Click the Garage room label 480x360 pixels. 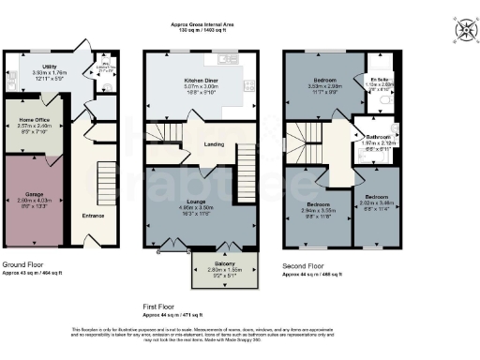(x=34, y=195)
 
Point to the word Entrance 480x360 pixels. (x=93, y=217)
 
